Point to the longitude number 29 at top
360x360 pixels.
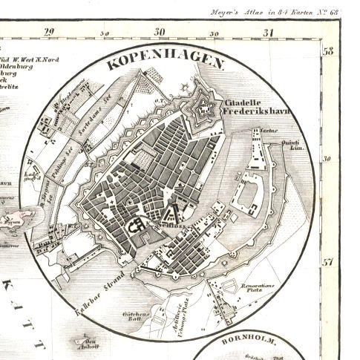click(x=50, y=31)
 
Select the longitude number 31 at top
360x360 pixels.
click(x=269, y=32)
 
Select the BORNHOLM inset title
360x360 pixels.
click(x=257, y=342)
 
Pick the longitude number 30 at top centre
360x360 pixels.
click(x=160, y=32)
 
